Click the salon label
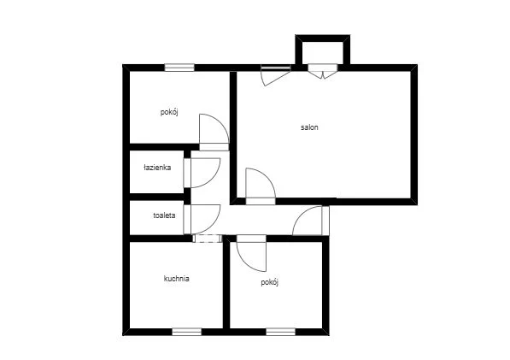[309, 127]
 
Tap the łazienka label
[157, 168]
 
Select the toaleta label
[164, 215]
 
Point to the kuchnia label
[176, 279]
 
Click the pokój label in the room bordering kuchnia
[270, 282]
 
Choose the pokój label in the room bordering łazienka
[169, 112]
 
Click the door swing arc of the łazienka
[214, 177]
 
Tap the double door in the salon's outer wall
[323, 71]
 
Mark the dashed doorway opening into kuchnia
[208, 239]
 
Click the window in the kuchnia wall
[187, 332]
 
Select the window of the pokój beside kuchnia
[281, 332]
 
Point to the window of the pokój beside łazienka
[179, 68]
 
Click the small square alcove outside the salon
[323, 50]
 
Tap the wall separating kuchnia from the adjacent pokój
[226, 282]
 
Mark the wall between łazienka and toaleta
[157, 197]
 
